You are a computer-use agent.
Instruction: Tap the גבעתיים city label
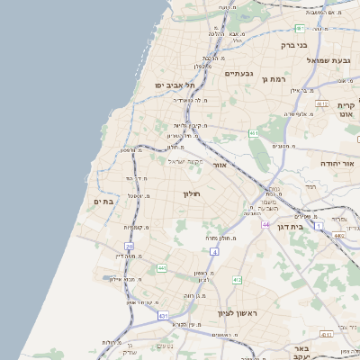point(238,73)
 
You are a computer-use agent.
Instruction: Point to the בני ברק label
point(293,44)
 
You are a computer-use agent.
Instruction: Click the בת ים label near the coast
point(103,202)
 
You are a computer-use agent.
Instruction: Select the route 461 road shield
point(255,134)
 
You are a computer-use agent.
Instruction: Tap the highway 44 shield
point(265,224)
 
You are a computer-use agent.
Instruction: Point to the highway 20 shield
point(130,246)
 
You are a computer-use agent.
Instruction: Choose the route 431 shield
point(163,317)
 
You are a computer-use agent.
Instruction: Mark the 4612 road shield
point(339,235)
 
